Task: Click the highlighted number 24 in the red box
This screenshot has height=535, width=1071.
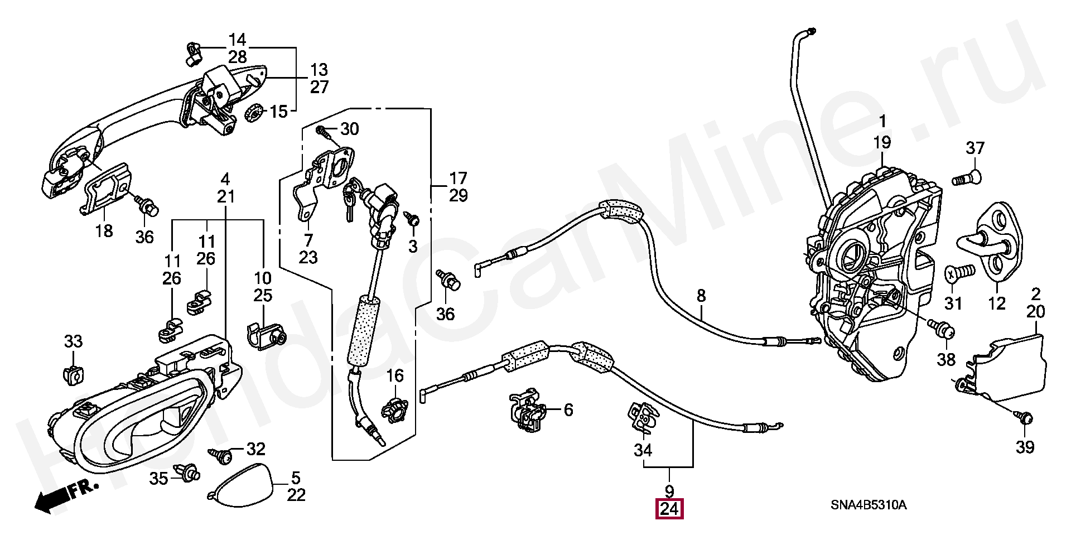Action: point(669,509)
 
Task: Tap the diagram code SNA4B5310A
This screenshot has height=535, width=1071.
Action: point(869,505)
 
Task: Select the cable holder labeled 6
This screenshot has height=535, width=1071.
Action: point(525,411)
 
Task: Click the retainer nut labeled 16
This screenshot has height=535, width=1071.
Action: point(394,409)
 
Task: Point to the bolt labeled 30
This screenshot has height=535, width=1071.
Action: point(324,132)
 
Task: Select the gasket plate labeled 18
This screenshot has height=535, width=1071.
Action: point(107,189)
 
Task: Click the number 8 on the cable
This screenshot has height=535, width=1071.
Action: point(701,296)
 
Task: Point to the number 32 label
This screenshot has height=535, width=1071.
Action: point(256,449)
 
